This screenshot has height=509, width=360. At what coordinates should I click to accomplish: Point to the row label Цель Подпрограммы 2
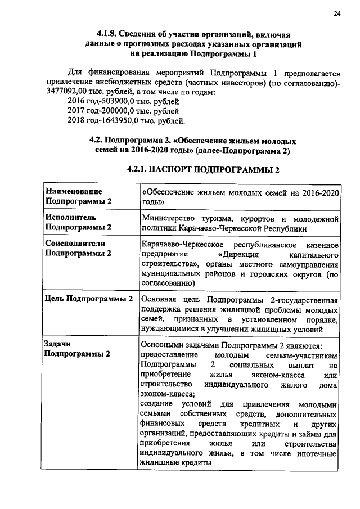[x=89, y=299]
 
